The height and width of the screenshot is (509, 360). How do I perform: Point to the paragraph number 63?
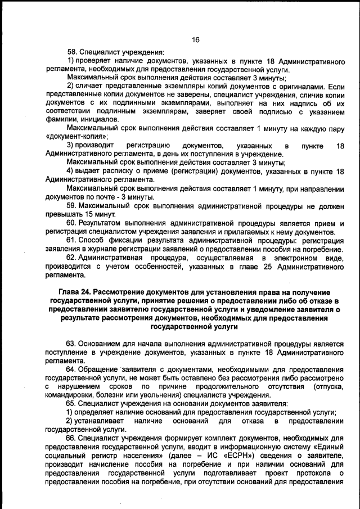(x=72, y=343)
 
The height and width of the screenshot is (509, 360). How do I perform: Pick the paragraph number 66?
(x=72, y=438)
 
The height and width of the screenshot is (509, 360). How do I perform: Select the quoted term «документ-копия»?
(x=76, y=137)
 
